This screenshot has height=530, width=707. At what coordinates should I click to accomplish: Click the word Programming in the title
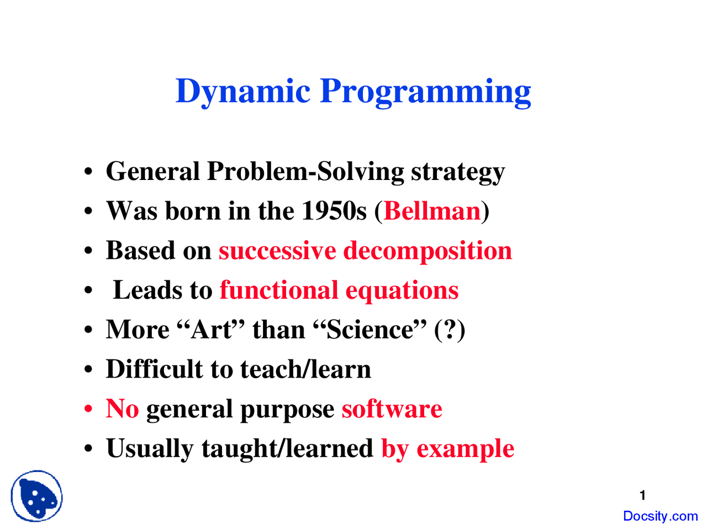tap(425, 91)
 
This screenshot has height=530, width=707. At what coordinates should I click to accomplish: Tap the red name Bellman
tap(432, 211)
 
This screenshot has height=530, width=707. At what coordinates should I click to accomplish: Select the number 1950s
tap(334, 211)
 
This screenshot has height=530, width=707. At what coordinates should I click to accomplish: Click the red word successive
tap(277, 251)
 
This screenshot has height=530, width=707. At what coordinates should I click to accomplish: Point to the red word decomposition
tap(428, 251)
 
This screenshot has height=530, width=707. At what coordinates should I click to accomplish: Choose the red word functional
tap(278, 290)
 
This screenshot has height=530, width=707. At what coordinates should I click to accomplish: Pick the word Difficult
tap(154, 369)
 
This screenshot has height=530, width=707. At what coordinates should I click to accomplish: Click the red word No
tap(122, 409)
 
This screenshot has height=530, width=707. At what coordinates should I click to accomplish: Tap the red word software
tap(392, 409)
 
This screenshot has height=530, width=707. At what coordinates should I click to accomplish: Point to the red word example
tap(465, 449)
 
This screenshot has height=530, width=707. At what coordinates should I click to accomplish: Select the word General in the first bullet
tap(152, 171)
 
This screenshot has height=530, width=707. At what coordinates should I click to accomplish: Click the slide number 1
tap(642, 495)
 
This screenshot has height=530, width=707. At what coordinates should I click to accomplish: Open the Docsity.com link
tap(660, 516)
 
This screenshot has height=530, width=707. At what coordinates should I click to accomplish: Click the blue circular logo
tap(36, 496)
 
